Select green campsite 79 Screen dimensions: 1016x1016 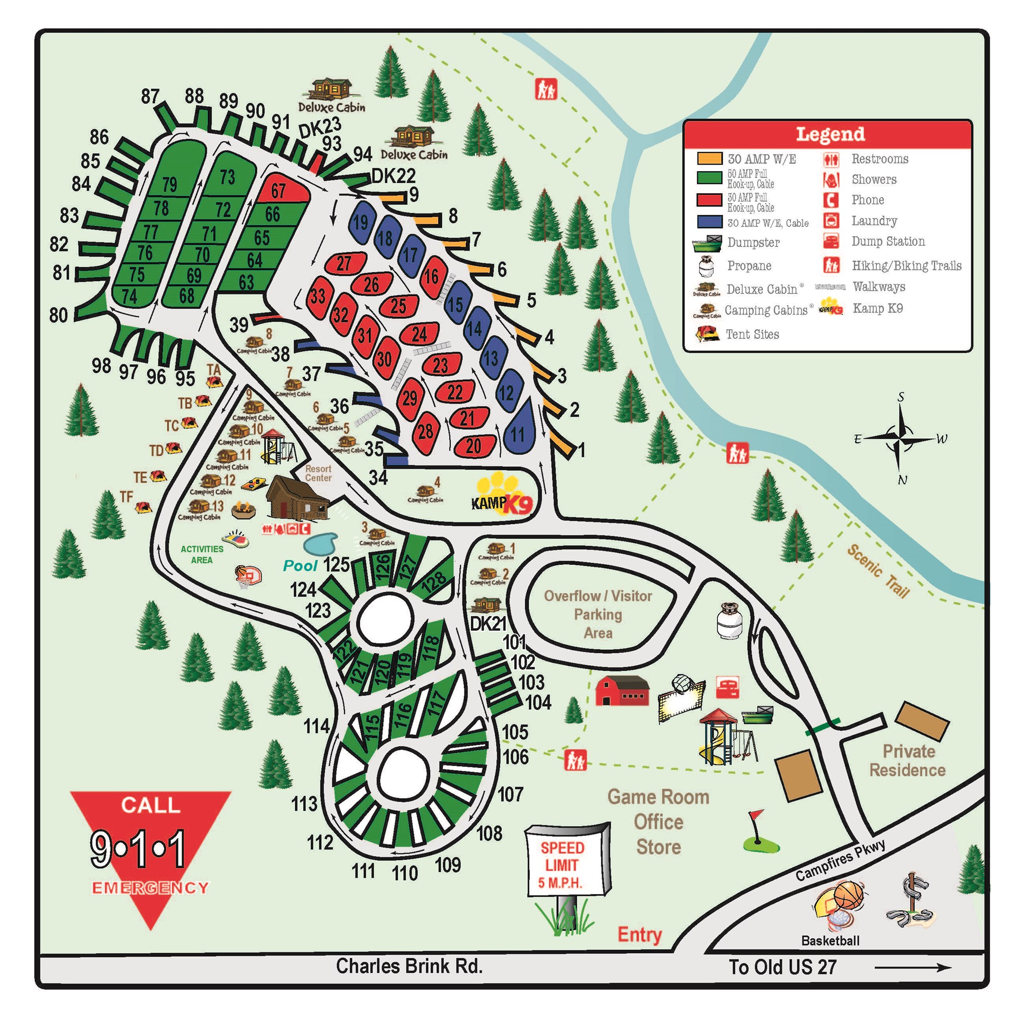pyautogui.click(x=170, y=183)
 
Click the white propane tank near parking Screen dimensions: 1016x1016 pyautogui.click(x=729, y=621)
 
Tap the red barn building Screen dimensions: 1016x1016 pyautogui.click(x=622, y=690)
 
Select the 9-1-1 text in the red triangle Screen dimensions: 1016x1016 pyautogui.click(x=138, y=849)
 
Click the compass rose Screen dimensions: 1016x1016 pyautogui.click(x=900, y=437)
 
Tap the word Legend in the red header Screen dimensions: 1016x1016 pyautogui.click(x=830, y=134)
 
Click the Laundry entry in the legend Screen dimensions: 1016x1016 pyautogui.click(x=874, y=220)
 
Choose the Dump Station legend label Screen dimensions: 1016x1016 pyautogui.click(x=887, y=241)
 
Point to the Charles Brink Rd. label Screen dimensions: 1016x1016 pyautogui.click(x=408, y=966)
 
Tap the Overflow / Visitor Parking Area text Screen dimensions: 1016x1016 pyautogui.click(x=598, y=614)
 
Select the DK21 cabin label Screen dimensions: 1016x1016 pyautogui.click(x=488, y=624)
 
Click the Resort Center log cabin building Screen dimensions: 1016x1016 pyautogui.click(x=297, y=498)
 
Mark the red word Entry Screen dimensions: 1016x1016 pyautogui.click(x=639, y=935)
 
